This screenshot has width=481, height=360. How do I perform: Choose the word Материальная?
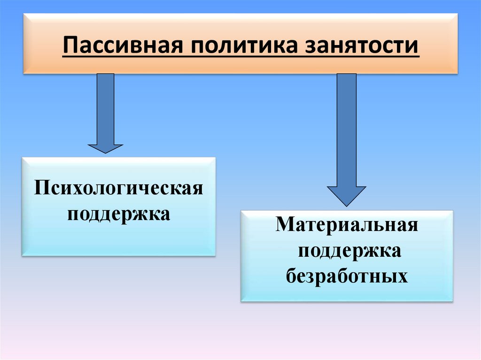347,225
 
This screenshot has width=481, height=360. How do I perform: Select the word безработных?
347,276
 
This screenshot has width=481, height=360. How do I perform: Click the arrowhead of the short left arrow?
105,148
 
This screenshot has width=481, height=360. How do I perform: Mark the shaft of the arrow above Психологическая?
105,108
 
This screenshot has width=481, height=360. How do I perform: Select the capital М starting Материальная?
283,225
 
